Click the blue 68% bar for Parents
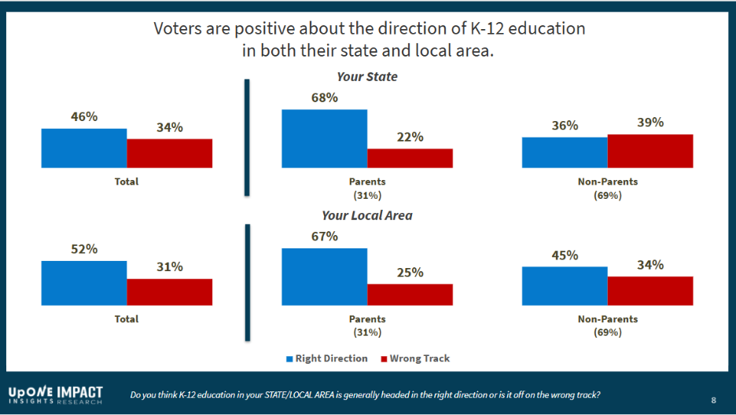click(x=324, y=138)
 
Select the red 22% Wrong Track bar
click(x=410, y=158)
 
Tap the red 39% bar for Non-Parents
click(x=650, y=151)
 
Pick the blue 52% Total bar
click(x=84, y=282)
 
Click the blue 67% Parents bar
click(x=324, y=276)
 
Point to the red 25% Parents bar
click(x=410, y=294)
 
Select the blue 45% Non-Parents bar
click(x=565, y=285)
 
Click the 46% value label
click(x=84, y=116)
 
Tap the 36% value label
click(x=565, y=125)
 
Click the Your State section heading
click(x=366, y=77)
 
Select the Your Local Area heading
click(x=366, y=215)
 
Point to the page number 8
click(x=713, y=400)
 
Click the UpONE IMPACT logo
click(x=55, y=395)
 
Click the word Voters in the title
click(x=182, y=29)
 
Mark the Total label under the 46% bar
click(x=127, y=182)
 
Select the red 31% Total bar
click(x=170, y=292)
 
